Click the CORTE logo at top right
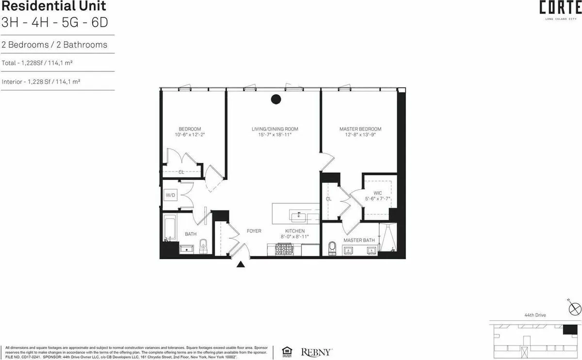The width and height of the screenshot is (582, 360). point(554,9)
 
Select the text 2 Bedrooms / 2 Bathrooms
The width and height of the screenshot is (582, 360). point(54,45)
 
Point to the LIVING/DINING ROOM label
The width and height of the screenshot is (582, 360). point(275,129)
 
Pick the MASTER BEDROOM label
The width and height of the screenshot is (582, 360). point(360,129)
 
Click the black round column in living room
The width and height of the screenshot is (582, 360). point(275,99)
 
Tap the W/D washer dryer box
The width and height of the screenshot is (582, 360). point(171,196)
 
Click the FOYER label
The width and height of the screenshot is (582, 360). point(254,231)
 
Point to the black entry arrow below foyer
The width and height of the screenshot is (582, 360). point(240,264)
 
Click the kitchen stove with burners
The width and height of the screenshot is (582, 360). point(283,250)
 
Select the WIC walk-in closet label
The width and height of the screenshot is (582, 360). point(377,193)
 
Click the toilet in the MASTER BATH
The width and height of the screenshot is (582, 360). point(332,248)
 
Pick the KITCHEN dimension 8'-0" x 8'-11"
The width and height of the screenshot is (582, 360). point(294,237)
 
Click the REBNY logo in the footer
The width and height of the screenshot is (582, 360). point(317,352)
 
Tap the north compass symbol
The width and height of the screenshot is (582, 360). point(574,308)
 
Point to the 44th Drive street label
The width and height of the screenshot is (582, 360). point(535,315)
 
